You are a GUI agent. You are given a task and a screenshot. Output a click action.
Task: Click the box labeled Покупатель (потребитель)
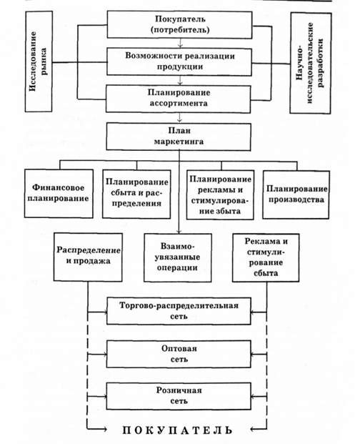click(179, 24)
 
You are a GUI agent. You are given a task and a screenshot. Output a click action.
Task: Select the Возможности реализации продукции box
click(179, 61)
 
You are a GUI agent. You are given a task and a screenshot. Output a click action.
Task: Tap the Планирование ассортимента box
click(179, 99)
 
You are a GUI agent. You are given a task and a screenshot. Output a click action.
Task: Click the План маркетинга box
click(179, 137)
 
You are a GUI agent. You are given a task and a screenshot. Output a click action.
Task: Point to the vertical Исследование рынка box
click(39, 61)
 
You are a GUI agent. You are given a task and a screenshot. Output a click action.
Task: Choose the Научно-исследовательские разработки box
click(311, 63)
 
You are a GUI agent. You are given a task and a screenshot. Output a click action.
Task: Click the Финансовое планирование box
click(59, 193)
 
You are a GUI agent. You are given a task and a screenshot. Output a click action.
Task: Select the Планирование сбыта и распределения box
click(136, 194)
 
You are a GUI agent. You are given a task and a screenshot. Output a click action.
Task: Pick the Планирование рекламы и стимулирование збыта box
click(220, 194)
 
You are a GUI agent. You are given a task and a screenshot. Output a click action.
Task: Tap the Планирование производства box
click(296, 194)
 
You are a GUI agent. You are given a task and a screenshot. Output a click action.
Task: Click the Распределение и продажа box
click(89, 257)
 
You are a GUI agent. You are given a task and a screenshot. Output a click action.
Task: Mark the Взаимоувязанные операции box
click(178, 257)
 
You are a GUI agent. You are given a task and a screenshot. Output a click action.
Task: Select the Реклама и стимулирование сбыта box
click(266, 257)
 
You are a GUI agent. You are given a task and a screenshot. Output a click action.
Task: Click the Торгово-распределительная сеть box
click(179, 310)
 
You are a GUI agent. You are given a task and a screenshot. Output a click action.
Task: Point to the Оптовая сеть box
click(179, 354)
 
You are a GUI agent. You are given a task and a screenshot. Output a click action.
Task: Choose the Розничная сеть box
click(179, 396)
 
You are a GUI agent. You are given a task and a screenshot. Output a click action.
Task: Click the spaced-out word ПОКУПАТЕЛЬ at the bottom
click(178, 430)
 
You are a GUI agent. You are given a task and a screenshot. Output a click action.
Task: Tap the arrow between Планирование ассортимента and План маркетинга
click(179, 118)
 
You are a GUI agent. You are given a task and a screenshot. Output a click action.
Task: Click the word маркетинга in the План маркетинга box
click(179, 142)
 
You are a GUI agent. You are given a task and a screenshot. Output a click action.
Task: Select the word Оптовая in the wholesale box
click(179, 348)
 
